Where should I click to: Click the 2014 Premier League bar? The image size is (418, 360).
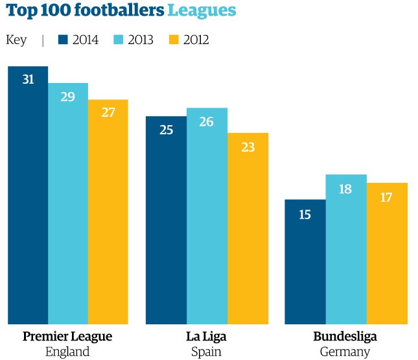[28, 195]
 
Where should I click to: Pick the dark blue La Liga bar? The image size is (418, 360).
[166, 220]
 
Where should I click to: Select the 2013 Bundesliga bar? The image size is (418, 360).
[346, 249]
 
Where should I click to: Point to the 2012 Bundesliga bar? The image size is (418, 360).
[387, 253]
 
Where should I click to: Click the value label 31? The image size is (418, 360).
[28, 80]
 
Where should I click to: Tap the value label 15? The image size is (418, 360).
[305, 213]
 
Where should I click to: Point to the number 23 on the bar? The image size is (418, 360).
[248, 147]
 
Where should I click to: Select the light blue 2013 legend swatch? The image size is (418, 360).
[118, 40]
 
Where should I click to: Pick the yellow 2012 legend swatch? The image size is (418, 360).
[173, 40]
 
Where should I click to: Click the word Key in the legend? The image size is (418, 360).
[16, 40]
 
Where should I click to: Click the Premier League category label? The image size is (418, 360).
[67, 337]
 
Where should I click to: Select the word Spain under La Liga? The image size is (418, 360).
[206, 352]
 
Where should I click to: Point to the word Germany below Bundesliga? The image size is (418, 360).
[345, 352]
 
